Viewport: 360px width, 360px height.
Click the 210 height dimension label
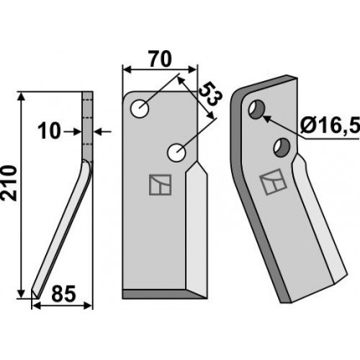[9, 183]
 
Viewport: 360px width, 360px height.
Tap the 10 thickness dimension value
[49, 131]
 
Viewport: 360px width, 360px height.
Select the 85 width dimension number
[64, 294]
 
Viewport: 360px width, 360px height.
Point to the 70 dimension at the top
[159, 59]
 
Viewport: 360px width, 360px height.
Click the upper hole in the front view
[140, 109]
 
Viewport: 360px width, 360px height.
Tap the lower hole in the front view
[177, 152]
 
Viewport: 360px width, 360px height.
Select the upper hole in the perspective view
[256, 110]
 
